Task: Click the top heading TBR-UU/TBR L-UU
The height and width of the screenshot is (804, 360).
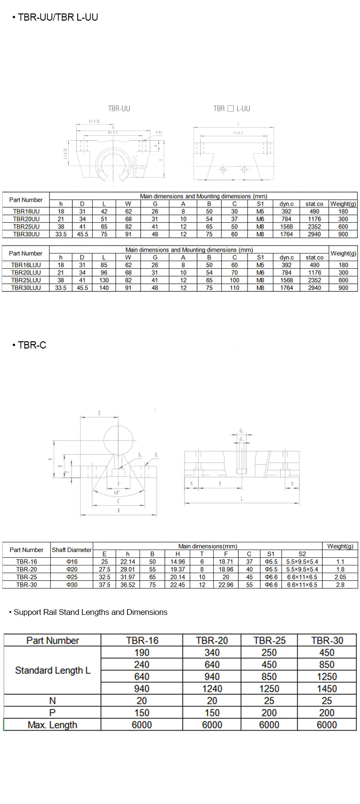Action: [57, 17]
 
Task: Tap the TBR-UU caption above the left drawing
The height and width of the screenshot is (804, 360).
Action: [119, 108]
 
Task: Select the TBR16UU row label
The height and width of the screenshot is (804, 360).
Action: [26, 211]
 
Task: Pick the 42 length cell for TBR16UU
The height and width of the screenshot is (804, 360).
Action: [104, 211]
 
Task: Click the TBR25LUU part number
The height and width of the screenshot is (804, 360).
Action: [26, 280]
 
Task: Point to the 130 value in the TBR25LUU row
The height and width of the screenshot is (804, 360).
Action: [104, 280]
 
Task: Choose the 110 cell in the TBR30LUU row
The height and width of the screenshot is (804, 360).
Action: [234, 288]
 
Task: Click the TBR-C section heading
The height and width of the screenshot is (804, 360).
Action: [32, 345]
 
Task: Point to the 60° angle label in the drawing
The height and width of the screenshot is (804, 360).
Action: [117, 493]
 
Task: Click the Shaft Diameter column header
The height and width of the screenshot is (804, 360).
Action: [72, 550]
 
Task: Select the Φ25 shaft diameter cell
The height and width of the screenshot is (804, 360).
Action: [72, 577]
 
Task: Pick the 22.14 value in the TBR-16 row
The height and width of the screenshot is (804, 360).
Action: [128, 562]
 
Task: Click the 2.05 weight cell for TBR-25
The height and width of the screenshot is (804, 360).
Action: [340, 577]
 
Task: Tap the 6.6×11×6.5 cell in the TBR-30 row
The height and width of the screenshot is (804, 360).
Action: [302, 585]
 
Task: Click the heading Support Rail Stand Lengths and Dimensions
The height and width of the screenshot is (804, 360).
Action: [90, 612]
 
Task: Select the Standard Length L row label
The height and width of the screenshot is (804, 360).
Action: [52, 670]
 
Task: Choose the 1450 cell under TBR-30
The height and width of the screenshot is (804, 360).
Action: [327, 688]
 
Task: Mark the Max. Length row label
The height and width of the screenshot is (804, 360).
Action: [52, 725]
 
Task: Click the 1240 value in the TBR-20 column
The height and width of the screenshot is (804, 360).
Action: [212, 688]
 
